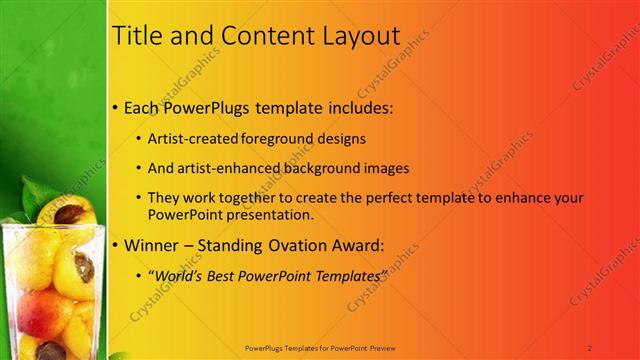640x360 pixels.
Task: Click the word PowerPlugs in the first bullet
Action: tap(212, 105)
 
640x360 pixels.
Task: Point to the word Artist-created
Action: tap(190, 138)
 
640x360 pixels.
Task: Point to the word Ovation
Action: tap(306, 244)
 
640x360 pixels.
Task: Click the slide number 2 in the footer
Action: tap(590, 348)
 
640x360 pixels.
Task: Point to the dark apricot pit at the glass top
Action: tap(69, 213)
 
